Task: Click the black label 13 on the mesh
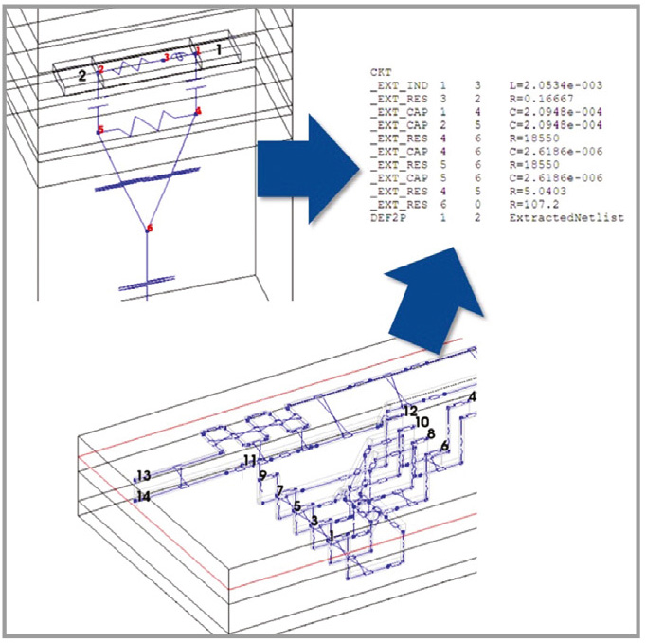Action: (143, 476)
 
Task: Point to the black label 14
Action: (143, 496)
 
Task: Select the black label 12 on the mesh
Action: (409, 412)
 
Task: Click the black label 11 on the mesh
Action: (250, 460)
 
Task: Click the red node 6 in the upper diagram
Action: (149, 229)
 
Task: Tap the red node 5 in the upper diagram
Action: (99, 129)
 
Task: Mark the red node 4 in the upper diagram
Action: (198, 111)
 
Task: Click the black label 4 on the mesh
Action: (472, 396)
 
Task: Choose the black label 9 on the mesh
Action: (262, 475)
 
